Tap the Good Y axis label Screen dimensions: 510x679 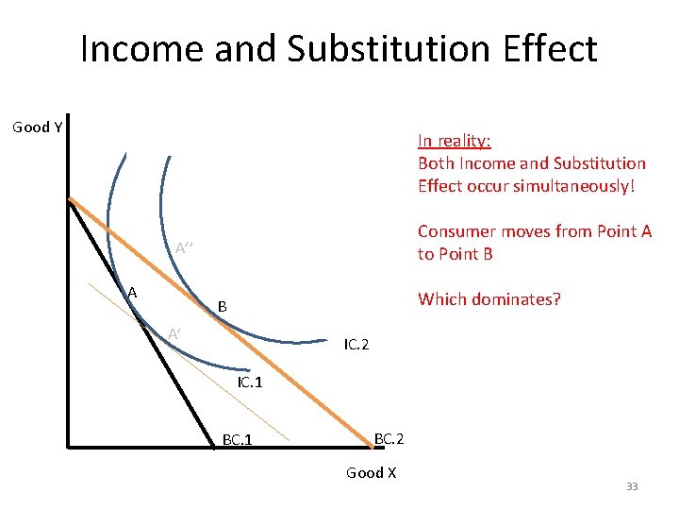(37, 127)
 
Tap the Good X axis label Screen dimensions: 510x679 (371, 472)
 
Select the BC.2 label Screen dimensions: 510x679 (389, 438)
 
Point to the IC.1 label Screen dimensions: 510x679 (251, 382)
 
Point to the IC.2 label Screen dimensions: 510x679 (356, 345)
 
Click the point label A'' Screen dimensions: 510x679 (185, 248)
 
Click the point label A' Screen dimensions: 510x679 (174, 332)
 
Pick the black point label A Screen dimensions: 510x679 (132, 293)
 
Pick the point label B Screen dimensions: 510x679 (222, 306)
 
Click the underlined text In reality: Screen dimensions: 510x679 (454, 141)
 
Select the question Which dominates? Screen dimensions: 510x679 (489, 299)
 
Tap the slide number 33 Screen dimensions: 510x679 (632, 486)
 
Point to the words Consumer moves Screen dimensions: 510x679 (479, 231)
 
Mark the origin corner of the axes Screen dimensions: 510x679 (69, 445)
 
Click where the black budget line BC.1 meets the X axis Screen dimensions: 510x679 (213, 444)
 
